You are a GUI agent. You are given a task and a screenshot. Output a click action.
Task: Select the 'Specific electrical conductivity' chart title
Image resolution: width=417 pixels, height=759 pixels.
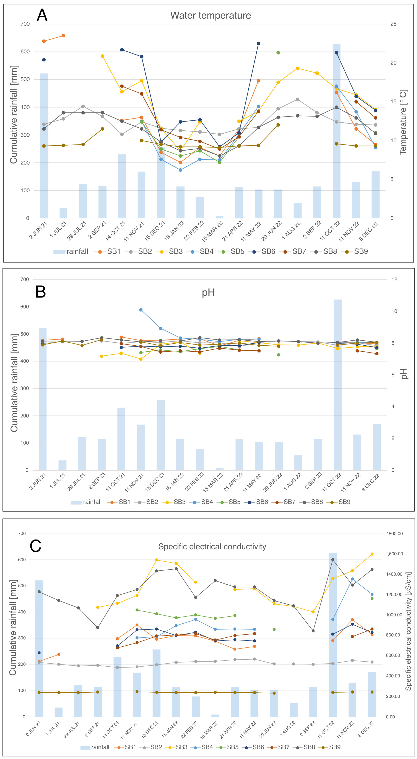point(212,547)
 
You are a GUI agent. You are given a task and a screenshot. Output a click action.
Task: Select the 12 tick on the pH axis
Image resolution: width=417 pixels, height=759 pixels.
point(394,279)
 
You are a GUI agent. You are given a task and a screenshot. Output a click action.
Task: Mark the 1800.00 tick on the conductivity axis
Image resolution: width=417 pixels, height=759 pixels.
point(394,534)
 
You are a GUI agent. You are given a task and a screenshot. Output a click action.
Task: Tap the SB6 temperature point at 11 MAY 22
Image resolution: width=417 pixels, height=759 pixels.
point(258,44)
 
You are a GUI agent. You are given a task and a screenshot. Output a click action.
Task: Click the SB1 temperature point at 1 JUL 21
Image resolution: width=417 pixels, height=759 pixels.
point(63,36)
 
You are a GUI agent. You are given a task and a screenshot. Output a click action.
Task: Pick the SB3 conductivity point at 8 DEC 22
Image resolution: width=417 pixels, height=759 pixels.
point(372,554)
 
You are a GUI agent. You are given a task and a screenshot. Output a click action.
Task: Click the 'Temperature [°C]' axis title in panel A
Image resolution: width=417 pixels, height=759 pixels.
point(403,122)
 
